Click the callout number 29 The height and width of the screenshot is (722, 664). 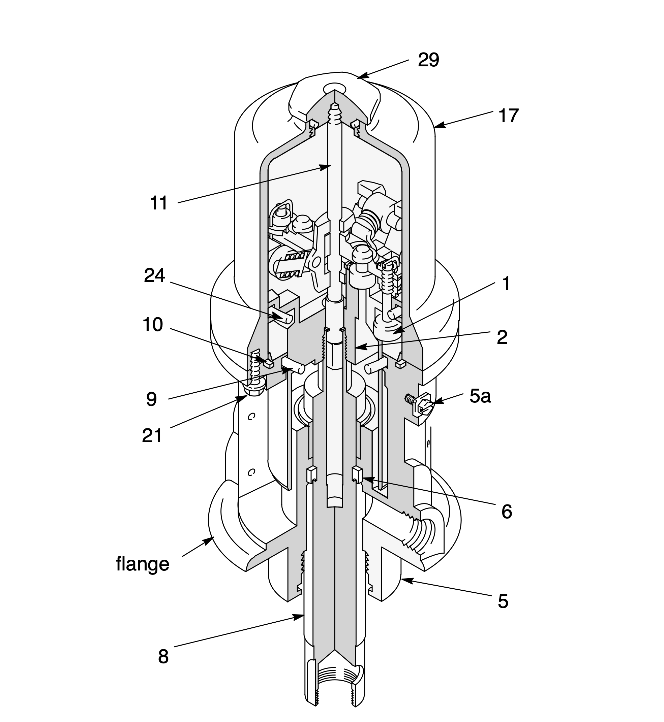point(428,60)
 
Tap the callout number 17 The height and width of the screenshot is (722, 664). point(508,116)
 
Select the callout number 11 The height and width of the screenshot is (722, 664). point(158,203)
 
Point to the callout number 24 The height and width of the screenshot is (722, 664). point(154,275)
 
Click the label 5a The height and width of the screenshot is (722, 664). point(480,396)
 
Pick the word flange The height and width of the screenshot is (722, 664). point(143,564)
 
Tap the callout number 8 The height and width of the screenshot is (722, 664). point(163,657)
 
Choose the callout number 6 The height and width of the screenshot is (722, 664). point(507,512)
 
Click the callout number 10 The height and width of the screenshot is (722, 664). point(153,325)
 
